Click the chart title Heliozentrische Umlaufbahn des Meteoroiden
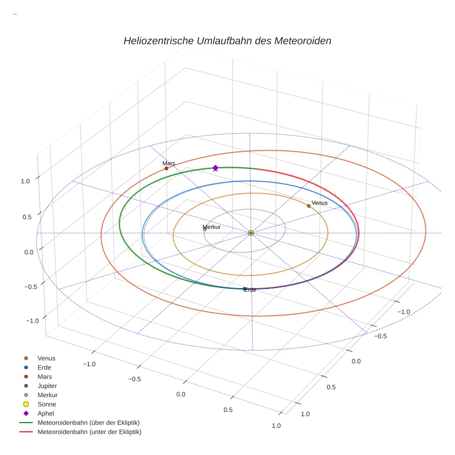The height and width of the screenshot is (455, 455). tap(227, 41)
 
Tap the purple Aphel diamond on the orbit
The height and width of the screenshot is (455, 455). tap(215, 168)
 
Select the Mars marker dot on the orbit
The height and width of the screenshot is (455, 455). tap(166, 168)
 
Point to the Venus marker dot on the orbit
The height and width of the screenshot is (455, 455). tap(309, 206)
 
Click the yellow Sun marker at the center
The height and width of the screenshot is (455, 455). tap(251, 233)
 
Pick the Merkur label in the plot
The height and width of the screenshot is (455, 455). tap(211, 227)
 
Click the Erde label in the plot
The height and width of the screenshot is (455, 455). tap(250, 290)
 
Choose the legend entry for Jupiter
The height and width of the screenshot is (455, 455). tap(41, 386)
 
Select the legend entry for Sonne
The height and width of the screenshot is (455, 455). tap(40, 404)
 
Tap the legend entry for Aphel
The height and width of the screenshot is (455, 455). tap(39, 413)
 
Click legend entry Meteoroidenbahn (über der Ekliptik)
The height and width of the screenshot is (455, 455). tap(80, 423)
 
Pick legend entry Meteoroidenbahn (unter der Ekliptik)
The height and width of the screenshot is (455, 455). tap(80, 432)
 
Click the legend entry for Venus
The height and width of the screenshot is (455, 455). tap(40, 358)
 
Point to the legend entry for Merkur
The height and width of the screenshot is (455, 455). tap(41, 395)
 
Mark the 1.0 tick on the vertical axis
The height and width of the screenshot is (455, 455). tap(25, 181)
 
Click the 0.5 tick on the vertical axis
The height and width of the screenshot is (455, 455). tap(27, 217)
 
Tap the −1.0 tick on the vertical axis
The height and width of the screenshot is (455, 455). tap(32, 321)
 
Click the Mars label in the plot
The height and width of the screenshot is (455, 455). tap(169, 163)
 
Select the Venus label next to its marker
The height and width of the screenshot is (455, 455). tap(320, 203)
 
